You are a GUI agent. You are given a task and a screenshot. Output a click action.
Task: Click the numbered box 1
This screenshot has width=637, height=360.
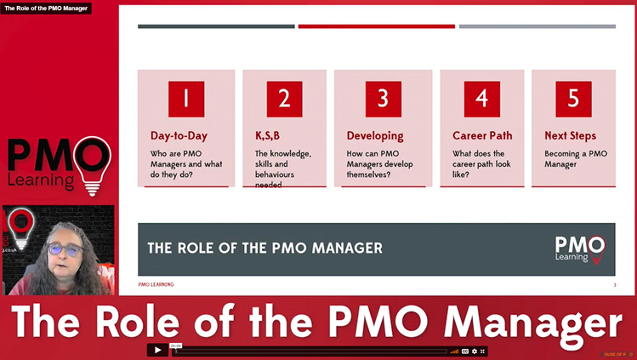[185, 99]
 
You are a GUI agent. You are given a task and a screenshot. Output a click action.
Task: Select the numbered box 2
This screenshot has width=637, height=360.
[284, 99]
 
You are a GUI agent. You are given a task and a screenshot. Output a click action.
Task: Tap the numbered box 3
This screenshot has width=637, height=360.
[383, 99]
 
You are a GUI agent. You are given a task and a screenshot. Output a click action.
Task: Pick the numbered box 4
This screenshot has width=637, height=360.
[481, 99]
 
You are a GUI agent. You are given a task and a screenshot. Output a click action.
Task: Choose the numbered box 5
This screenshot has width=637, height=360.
[573, 99]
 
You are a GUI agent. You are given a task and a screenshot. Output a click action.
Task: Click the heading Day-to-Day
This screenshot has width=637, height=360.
[179, 135]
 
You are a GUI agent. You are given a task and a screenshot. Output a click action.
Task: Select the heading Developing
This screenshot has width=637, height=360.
[375, 135]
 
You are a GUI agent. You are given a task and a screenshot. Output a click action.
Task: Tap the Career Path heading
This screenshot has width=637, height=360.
[481, 135]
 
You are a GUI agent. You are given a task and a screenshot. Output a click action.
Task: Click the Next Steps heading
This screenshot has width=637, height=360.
[570, 135]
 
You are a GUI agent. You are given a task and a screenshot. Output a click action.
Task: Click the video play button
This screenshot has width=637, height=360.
[157, 350]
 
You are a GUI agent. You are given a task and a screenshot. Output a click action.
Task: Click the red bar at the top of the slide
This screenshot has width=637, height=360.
[376, 26]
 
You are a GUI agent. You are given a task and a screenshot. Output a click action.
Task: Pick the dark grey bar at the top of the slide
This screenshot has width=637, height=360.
[216, 26]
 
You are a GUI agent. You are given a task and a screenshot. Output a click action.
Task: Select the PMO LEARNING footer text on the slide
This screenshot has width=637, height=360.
[156, 284]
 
